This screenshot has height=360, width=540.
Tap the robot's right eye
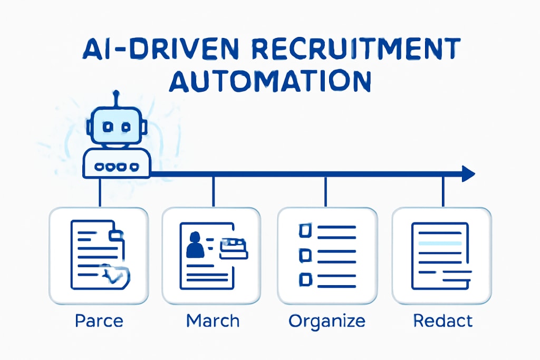tap(126, 127)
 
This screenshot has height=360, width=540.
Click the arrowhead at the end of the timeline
tap(468, 173)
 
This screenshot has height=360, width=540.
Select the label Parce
tap(99, 320)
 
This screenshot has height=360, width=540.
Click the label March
tap(213, 320)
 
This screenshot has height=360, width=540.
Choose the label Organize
tap(326, 320)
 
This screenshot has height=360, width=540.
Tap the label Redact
tap(443, 320)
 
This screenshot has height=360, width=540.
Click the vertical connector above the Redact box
tap(443, 191)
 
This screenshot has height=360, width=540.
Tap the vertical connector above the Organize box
tap(326, 191)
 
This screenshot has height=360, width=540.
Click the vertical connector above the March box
tap(213, 191)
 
